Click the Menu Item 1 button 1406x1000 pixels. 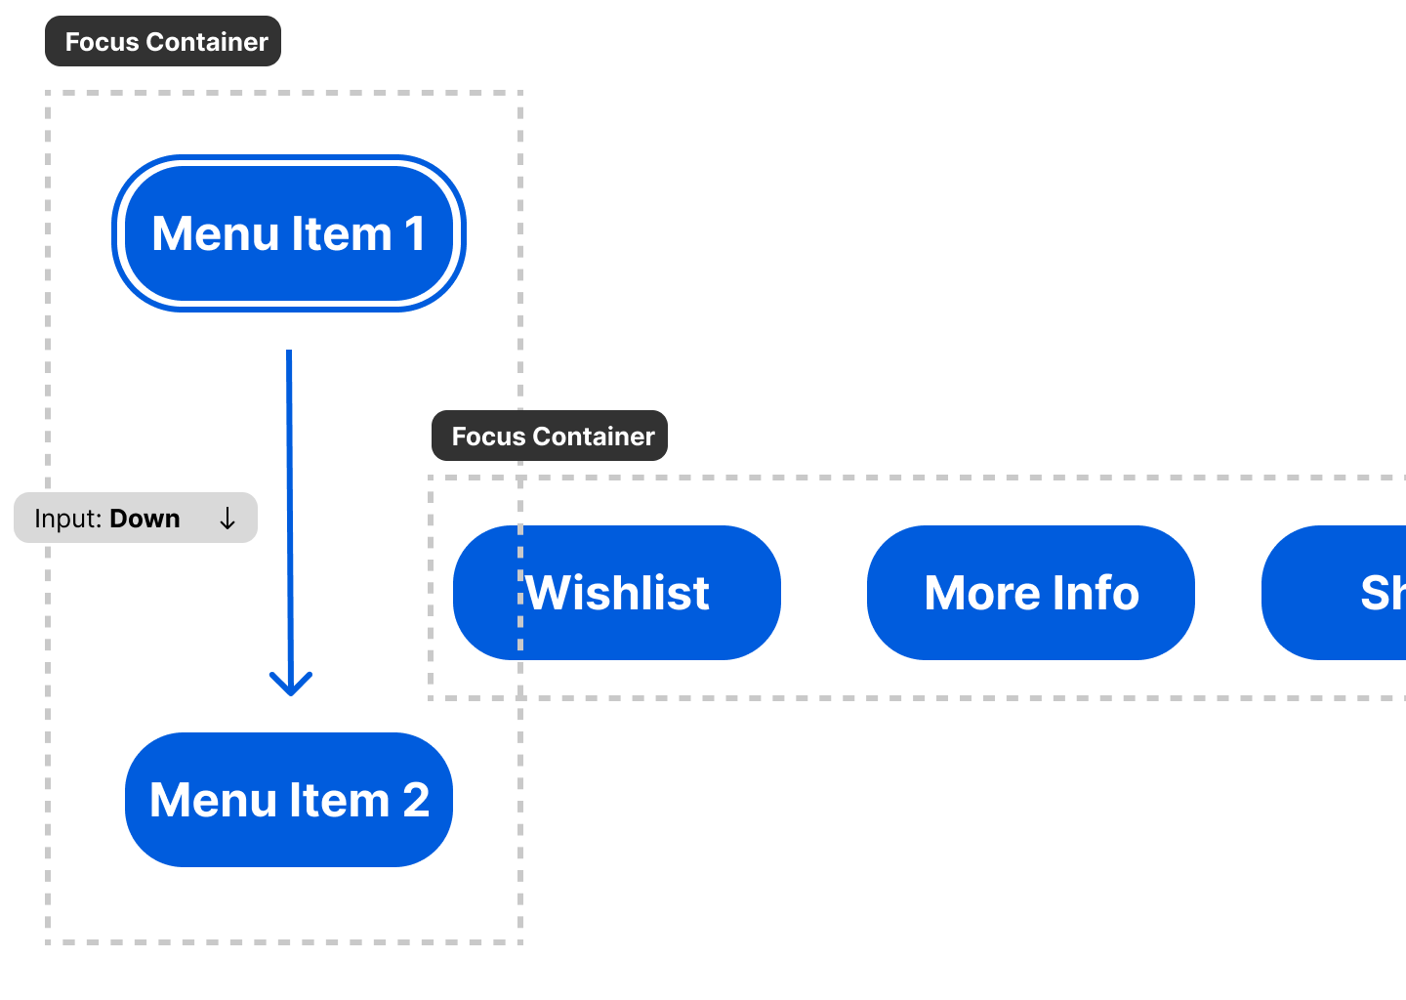[x=288, y=233]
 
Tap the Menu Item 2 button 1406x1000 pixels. [x=288, y=800]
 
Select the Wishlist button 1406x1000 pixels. [x=616, y=593]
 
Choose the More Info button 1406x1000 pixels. [x=1030, y=593]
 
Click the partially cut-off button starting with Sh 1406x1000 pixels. [x=1347, y=593]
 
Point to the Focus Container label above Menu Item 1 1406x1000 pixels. [x=163, y=42]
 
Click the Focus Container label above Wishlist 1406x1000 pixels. [x=550, y=437]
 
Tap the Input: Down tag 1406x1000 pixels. [x=135, y=519]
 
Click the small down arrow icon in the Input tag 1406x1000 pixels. [x=227, y=519]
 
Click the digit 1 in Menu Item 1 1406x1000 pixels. [x=414, y=234]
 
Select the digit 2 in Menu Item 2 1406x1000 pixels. [x=415, y=801]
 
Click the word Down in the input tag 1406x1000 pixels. [x=145, y=519]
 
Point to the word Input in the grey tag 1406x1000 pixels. [x=66, y=519]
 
